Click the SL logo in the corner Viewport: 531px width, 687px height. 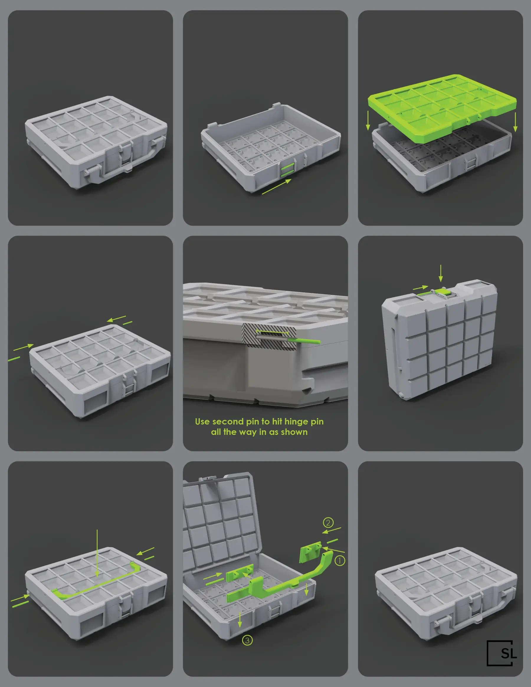[x=501, y=653]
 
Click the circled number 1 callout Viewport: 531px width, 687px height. [x=340, y=560]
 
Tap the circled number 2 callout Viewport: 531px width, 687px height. [x=328, y=522]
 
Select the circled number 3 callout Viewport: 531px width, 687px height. [x=247, y=640]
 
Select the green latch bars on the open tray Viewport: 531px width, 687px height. [x=288, y=171]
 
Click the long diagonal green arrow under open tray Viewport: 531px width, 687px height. [x=276, y=186]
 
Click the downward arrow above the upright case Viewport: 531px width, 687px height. [x=441, y=273]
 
